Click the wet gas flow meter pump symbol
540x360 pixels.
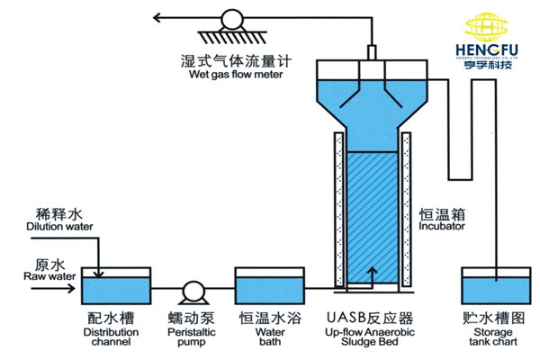tap(232, 17)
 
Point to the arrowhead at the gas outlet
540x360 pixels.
tap(157, 17)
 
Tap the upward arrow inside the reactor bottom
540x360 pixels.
tap(371, 273)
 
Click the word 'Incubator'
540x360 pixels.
tap(441, 228)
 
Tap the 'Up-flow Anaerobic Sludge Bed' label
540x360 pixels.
tap(369, 337)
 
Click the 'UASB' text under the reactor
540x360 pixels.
tap(346, 319)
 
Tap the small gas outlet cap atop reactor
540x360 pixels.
tap(370, 51)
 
